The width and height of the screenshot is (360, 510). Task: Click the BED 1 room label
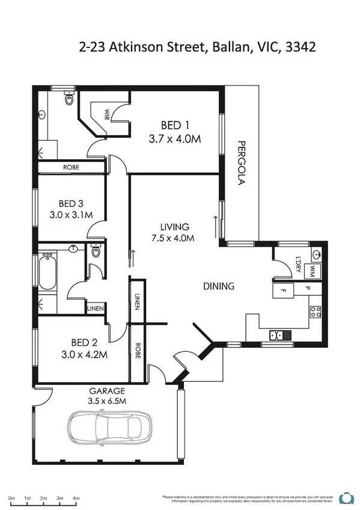[175, 125]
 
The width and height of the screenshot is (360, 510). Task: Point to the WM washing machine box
[313, 271]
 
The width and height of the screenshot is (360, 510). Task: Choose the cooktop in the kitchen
[315, 311]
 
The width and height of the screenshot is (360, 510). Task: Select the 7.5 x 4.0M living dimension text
[174, 238]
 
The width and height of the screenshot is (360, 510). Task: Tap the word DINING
[218, 286]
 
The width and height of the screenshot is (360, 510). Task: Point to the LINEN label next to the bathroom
[96, 309]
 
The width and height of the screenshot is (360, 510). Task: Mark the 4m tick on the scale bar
[76, 498]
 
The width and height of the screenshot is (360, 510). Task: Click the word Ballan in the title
[228, 47]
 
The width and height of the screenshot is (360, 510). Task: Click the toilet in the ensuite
[69, 98]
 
